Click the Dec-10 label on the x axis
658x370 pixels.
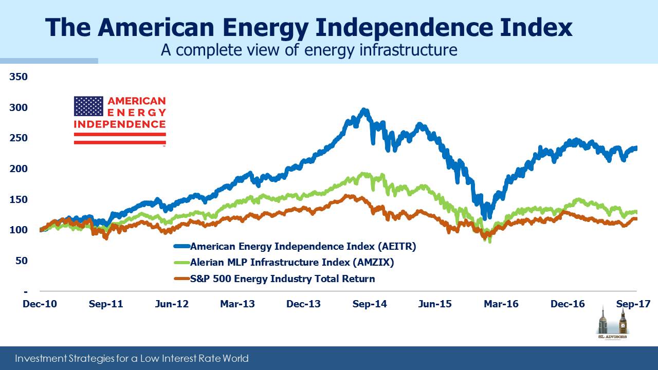point(40,304)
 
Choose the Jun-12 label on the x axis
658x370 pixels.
point(172,304)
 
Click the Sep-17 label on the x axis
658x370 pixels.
point(633,304)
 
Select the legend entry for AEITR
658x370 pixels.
point(303,246)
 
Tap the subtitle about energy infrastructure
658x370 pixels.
point(309,50)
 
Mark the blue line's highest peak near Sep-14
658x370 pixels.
point(364,109)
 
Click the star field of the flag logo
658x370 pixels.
point(88,106)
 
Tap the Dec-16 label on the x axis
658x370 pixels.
point(568,304)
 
